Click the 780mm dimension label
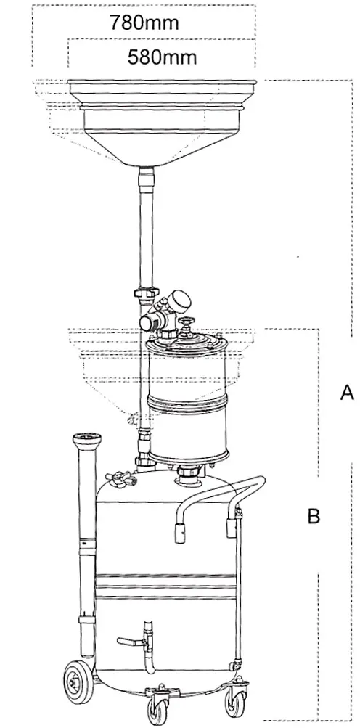pyautogui.click(x=144, y=22)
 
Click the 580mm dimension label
pyautogui.click(x=162, y=57)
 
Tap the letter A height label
pyautogui.click(x=347, y=393)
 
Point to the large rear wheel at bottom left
pyautogui.click(x=78, y=682)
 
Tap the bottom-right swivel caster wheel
pyautogui.click(x=235, y=703)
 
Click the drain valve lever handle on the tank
pyautogui.click(x=130, y=642)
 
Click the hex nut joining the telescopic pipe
pyautogui.click(x=146, y=293)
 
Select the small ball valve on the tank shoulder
pyautogui.click(x=120, y=478)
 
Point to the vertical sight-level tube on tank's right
pyautogui.click(x=238, y=589)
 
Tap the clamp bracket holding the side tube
pyautogui.click(x=87, y=621)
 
